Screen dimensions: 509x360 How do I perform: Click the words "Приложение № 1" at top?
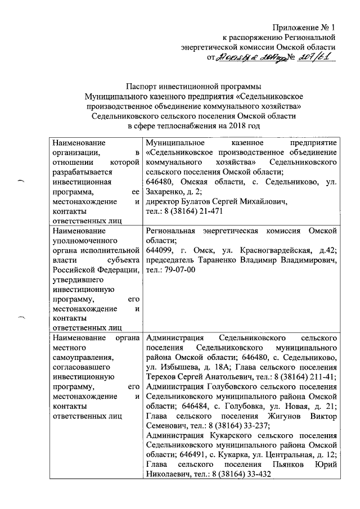[x=304, y=28]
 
